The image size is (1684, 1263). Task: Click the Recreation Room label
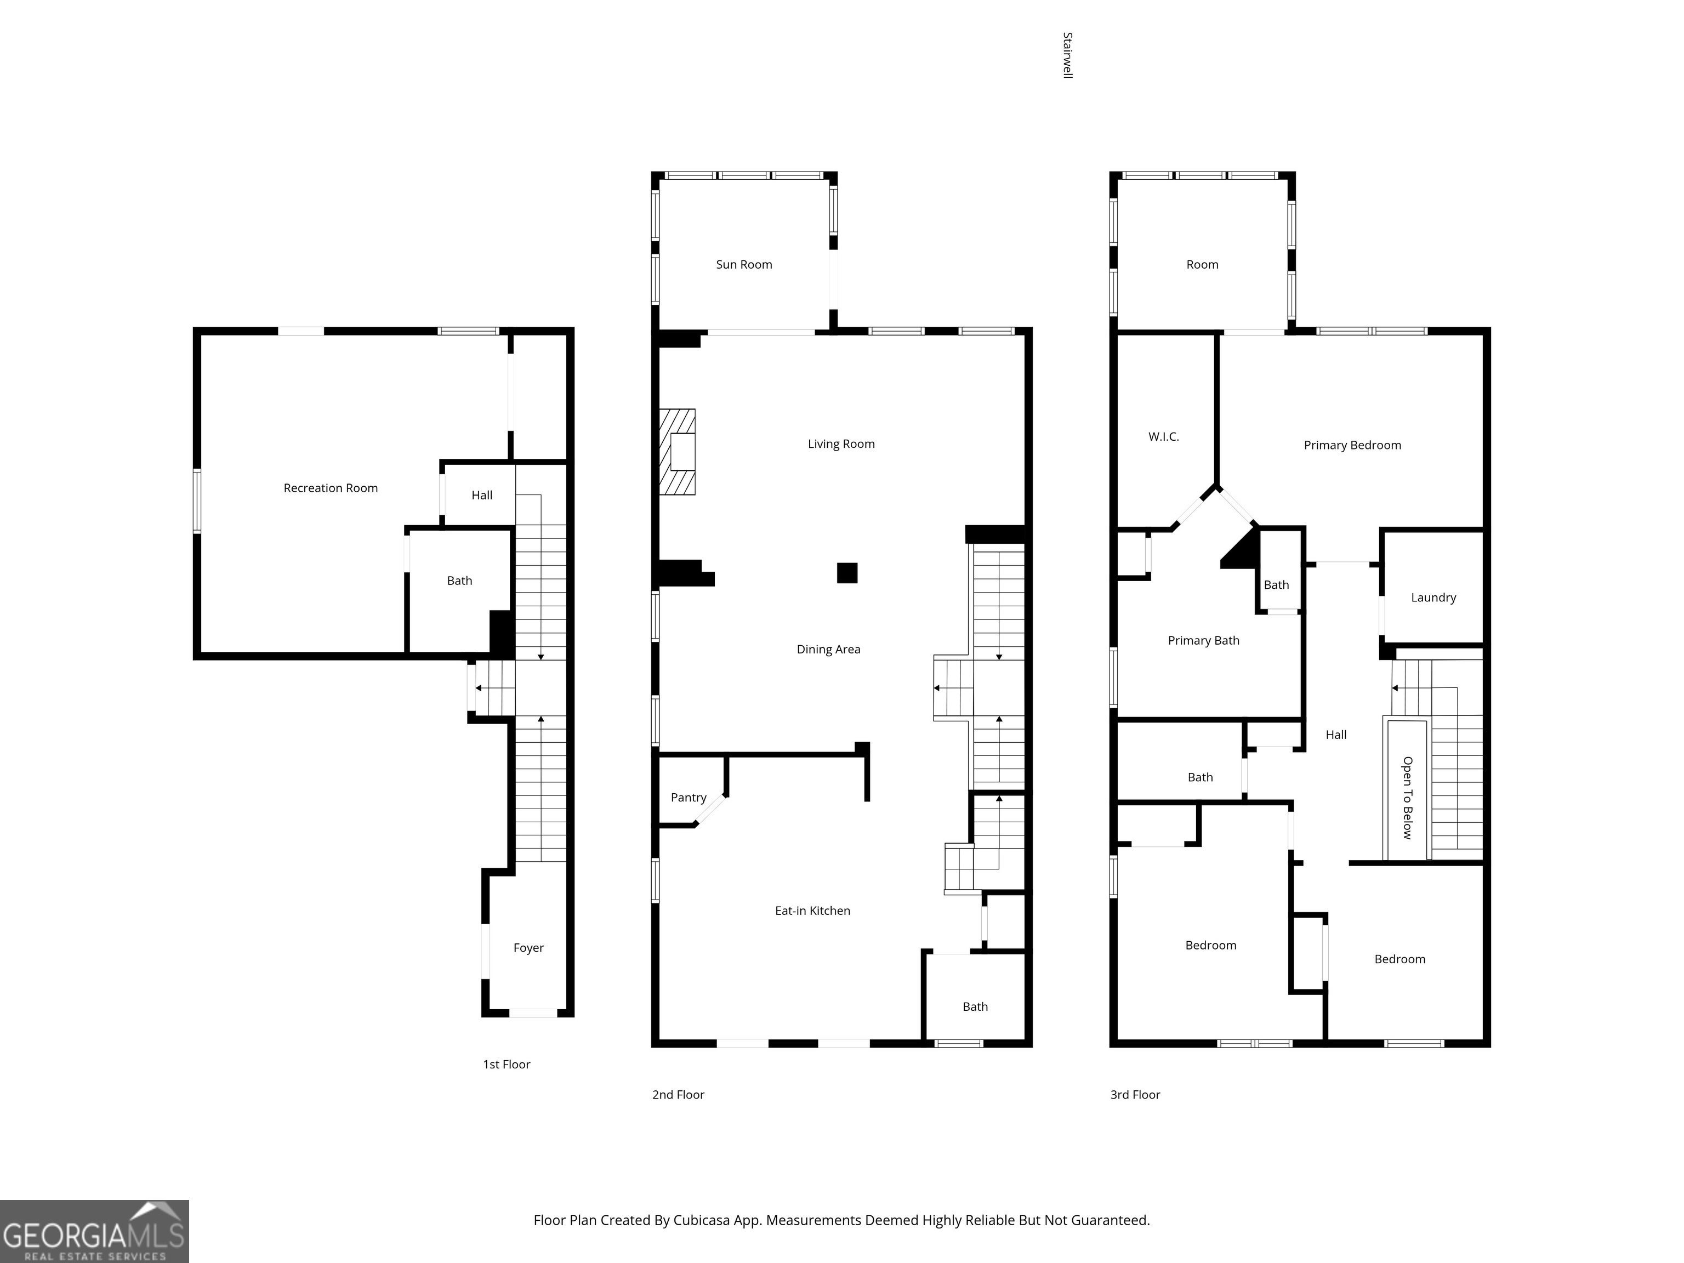(x=331, y=488)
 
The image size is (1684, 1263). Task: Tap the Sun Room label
(x=744, y=264)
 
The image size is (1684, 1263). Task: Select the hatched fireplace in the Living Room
(x=677, y=452)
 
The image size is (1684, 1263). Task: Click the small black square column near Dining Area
(x=847, y=572)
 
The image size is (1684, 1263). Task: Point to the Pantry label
(x=688, y=798)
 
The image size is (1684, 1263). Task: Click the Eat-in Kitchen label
(x=812, y=911)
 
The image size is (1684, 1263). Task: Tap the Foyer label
(x=528, y=948)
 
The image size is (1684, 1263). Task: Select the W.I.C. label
(x=1163, y=436)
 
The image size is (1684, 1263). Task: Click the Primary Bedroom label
(x=1352, y=445)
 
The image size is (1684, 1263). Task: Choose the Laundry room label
(x=1433, y=598)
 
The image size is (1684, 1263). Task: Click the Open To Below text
(x=1408, y=798)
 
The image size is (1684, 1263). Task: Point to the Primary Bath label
(x=1204, y=640)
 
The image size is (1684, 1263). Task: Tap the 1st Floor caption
(x=507, y=1065)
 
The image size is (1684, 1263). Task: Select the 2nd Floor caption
(x=678, y=1095)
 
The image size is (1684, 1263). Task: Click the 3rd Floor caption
(x=1135, y=1095)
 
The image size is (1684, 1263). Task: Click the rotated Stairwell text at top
(x=1067, y=55)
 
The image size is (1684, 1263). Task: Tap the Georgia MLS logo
(x=94, y=1231)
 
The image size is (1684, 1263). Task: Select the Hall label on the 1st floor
(x=482, y=495)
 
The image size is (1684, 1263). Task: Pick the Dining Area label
(x=828, y=650)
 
